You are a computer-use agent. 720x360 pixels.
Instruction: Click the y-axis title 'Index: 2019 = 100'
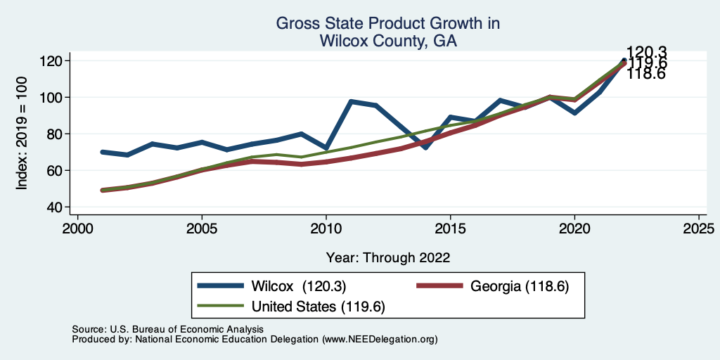point(22,134)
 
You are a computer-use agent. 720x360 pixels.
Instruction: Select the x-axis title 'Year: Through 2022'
point(388,257)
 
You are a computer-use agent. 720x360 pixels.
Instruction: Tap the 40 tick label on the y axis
point(56,207)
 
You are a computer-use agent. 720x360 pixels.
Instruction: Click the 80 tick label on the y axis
point(56,134)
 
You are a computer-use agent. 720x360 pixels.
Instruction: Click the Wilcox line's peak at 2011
point(351,101)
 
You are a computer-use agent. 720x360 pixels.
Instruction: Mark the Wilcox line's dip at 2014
point(425,148)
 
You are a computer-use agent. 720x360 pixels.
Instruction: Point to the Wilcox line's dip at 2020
point(574,112)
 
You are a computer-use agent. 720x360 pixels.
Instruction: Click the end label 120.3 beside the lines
point(646,52)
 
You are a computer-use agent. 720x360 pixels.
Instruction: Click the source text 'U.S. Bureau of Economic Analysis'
point(185,329)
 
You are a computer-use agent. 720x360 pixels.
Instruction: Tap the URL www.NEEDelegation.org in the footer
point(380,339)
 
